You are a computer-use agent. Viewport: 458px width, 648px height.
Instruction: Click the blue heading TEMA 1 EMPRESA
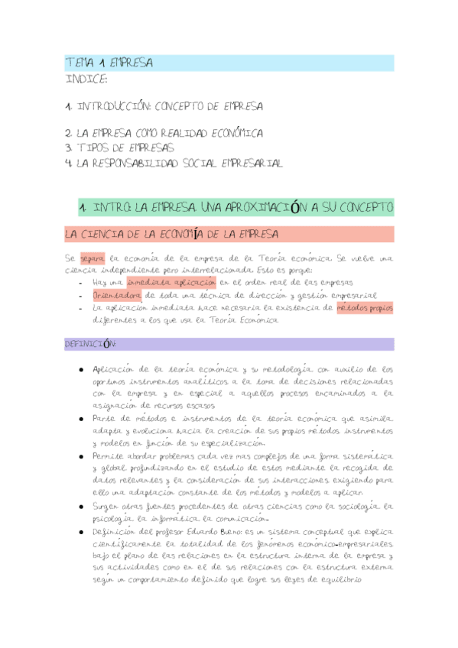click(x=109, y=63)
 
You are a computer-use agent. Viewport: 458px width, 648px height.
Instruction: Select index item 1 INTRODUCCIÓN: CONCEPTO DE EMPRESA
click(x=164, y=106)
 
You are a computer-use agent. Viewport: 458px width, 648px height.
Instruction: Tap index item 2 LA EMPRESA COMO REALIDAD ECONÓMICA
click(x=164, y=132)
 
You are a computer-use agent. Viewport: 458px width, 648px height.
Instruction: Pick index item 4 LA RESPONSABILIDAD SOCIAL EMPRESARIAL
click(x=174, y=163)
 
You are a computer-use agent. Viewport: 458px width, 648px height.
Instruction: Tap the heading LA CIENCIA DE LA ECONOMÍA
click(x=171, y=234)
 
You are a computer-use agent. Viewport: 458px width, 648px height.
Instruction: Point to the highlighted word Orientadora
click(x=117, y=295)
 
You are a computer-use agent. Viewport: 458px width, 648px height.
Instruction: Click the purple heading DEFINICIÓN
click(x=90, y=345)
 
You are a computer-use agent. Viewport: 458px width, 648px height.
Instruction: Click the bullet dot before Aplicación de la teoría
click(x=81, y=369)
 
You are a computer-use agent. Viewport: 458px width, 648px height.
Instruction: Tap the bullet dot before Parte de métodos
click(x=81, y=420)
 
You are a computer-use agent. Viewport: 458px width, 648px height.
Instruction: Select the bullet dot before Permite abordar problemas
click(x=81, y=456)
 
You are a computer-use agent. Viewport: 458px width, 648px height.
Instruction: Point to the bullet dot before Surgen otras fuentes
click(x=81, y=506)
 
